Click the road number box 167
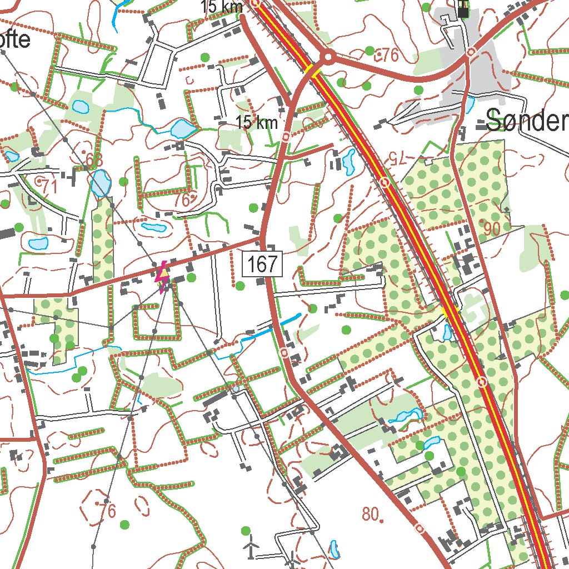click(263, 264)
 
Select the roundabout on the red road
click(328, 57)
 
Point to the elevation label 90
click(491, 228)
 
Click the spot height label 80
click(372, 513)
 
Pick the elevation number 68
click(94, 160)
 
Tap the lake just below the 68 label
click(101, 184)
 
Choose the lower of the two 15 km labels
click(256, 123)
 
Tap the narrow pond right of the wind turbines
click(333, 549)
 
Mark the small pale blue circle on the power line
click(236, 389)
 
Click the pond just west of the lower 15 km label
click(182, 129)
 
